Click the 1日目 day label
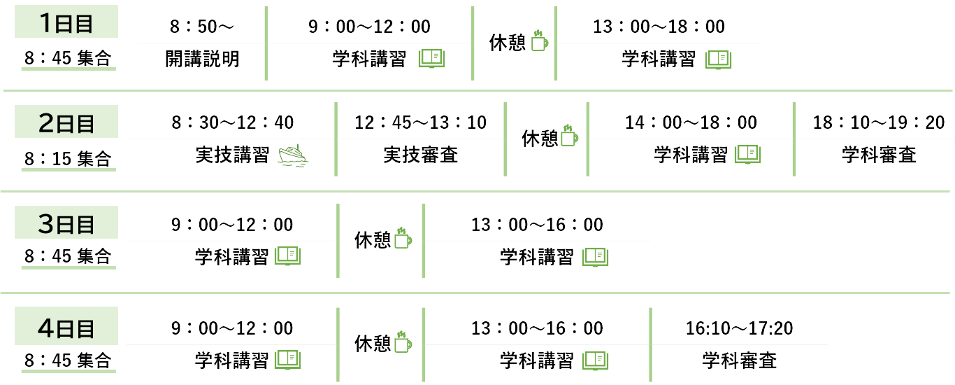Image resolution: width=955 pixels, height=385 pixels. tap(66, 23)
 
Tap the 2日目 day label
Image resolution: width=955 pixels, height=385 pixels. tap(66, 123)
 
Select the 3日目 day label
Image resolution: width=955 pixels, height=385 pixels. tap(66, 225)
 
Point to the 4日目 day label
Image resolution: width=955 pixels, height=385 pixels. tap(66, 328)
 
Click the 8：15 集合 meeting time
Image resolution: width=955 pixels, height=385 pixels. tap(67, 159)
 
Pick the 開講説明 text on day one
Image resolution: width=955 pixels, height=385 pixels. tap(202, 59)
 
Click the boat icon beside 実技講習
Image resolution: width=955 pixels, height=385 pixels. tap(293, 155)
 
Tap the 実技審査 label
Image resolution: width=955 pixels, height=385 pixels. tap(420, 155)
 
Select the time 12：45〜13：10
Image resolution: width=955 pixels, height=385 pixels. tap(420, 122)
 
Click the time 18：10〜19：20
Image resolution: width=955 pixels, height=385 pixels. tap(878, 122)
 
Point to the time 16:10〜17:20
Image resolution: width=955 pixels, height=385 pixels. tap(739, 328)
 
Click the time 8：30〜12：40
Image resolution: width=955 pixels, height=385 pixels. tap(233, 122)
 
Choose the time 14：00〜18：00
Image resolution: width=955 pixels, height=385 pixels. tap(691, 122)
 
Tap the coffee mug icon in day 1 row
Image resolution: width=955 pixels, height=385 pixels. tap(540, 41)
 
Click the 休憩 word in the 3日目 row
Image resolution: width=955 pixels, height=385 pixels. tap(373, 240)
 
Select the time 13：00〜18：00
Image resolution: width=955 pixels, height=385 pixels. tap(659, 27)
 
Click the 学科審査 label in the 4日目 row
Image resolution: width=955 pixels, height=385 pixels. tap(739, 360)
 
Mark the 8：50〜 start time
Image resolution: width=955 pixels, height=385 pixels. tap(202, 27)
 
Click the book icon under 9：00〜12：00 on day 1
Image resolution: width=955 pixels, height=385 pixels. tap(431, 59)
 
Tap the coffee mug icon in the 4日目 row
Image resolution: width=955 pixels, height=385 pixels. tap(402, 343)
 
